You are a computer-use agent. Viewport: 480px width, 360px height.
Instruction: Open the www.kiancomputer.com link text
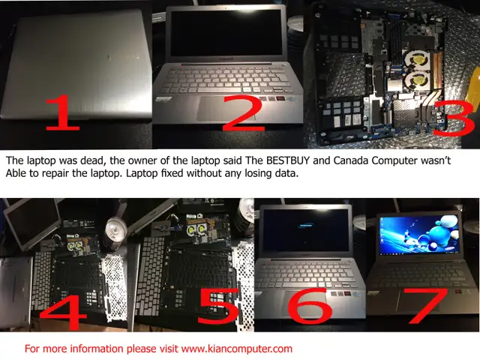236,349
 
